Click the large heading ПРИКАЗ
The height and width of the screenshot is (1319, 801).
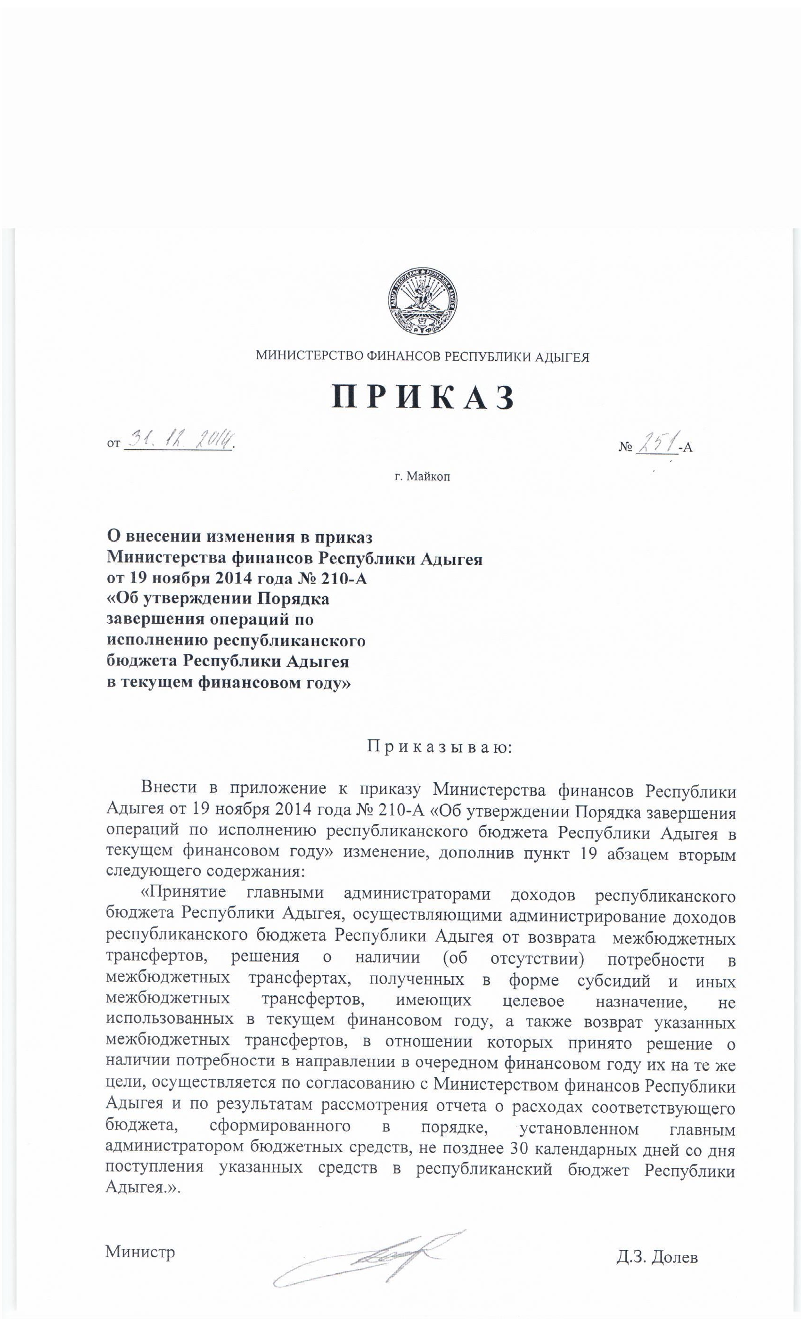(423, 398)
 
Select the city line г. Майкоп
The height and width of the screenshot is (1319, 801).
(423, 476)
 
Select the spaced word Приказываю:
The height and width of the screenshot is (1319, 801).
(439, 747)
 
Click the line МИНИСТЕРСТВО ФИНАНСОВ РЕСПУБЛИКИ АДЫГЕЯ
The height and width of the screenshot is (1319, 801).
(423, 357)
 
